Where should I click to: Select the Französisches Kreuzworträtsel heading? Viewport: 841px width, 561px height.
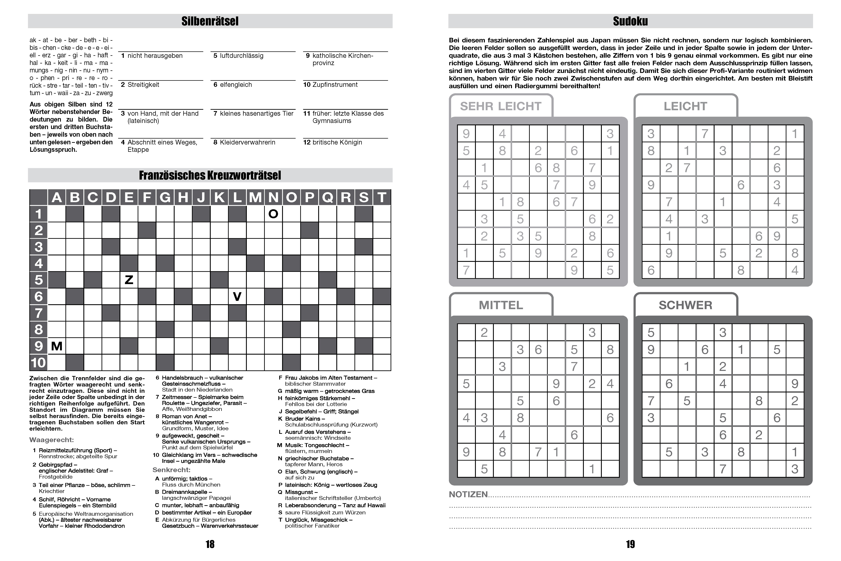tap(210, 175)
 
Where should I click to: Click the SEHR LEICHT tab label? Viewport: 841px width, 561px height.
tap(501, 106)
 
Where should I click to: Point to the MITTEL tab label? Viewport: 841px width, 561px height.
tap(501, 305)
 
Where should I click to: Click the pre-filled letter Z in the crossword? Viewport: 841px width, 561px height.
tap(129, 280)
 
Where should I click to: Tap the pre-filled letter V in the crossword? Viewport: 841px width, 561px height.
tap(237, 296)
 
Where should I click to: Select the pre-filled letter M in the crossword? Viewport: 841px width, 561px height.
tap(57, 346)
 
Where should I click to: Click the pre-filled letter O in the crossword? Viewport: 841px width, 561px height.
tap(273, 214)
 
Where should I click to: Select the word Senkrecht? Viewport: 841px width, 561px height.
tap(171, 470)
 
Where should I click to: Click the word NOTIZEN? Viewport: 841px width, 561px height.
tap(468, 495)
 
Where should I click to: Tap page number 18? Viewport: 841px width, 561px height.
tap(210, 544)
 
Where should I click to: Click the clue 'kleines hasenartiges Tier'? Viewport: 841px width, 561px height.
tap(256, 113)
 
